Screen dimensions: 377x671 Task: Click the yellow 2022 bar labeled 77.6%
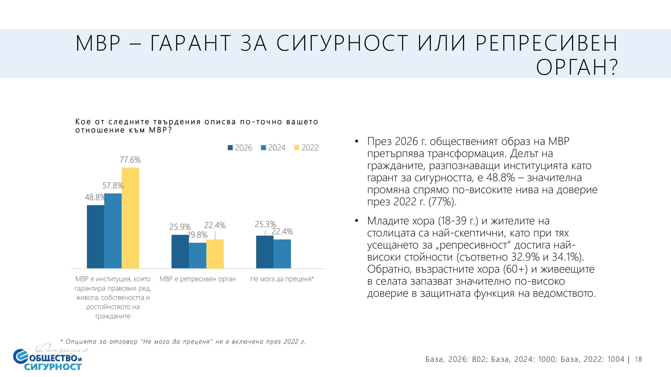tap(130, 218)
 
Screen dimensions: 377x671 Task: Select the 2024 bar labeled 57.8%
tap(113, 231)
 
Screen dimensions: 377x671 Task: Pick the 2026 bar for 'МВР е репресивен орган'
tap(180, 251)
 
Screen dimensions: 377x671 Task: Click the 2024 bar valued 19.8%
tap(197, 255)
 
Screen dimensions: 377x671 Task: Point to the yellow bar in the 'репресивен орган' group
tap(215, 254)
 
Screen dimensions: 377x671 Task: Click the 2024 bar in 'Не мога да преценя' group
tap(282, 254)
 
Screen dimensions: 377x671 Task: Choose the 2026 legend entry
tap(240, 148)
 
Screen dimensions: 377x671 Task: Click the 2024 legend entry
tap(273, 148)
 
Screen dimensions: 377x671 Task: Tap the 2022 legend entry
tap(307, 148)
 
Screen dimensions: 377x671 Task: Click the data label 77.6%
tap(130, 160)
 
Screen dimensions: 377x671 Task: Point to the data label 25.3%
tap(265, 224)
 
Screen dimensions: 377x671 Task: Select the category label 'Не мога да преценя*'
tap(282, 279)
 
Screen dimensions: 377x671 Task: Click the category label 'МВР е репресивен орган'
tap(198, 279)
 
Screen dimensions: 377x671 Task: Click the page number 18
tap(638, 359)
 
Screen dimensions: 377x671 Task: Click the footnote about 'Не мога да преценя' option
tap(183, 342)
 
